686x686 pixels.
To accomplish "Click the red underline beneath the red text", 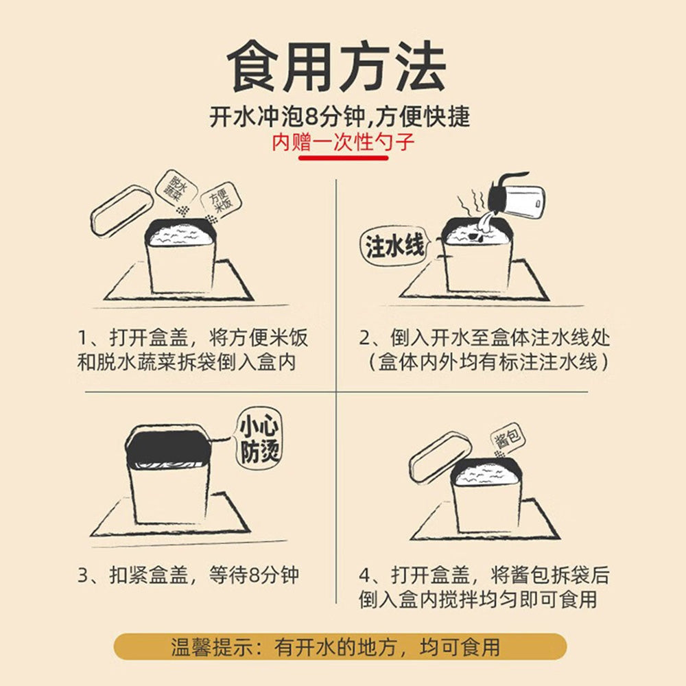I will click(x=344, y=158).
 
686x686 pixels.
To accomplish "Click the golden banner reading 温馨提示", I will click(x=340, y=647).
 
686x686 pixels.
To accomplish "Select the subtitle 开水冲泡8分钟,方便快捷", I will click(x=340, y=115).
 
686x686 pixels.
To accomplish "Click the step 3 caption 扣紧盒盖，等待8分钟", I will click(x=188, y=575).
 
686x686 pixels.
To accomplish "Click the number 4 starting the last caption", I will click(x=366, y=575).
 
